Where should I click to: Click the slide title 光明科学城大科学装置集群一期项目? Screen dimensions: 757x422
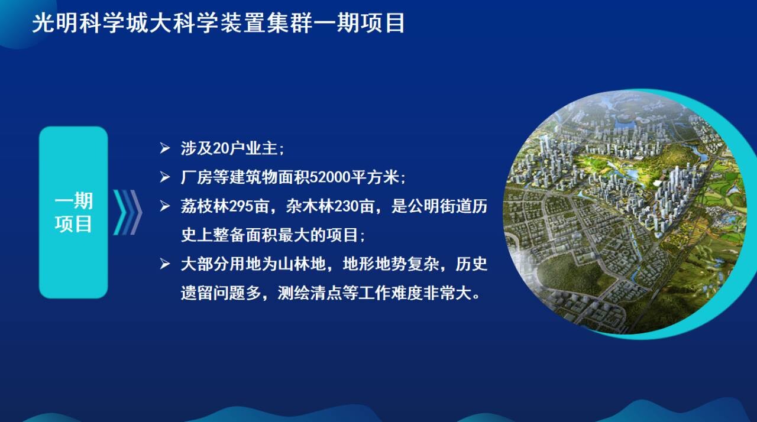click(x=218, y=23)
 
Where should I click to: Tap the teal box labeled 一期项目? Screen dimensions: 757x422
click(x=73, y=212)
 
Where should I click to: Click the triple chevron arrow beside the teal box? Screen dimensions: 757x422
click(x=127, y=212)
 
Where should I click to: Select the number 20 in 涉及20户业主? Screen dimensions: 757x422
click(x=221, y=148)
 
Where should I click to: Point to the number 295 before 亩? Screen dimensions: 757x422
click(x=241, y=206)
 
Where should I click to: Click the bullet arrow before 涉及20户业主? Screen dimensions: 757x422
click(x=165, y=148)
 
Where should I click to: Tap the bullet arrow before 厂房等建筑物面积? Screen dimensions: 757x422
click(x=165, y=177)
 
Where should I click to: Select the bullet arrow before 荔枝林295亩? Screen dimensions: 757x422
click(x=165, y=206)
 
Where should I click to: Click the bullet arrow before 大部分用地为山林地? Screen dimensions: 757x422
click(x=165, y=264)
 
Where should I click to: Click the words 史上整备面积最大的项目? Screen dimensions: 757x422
click(x=269, y=235)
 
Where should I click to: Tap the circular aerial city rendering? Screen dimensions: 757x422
click(x=625, y=213)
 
